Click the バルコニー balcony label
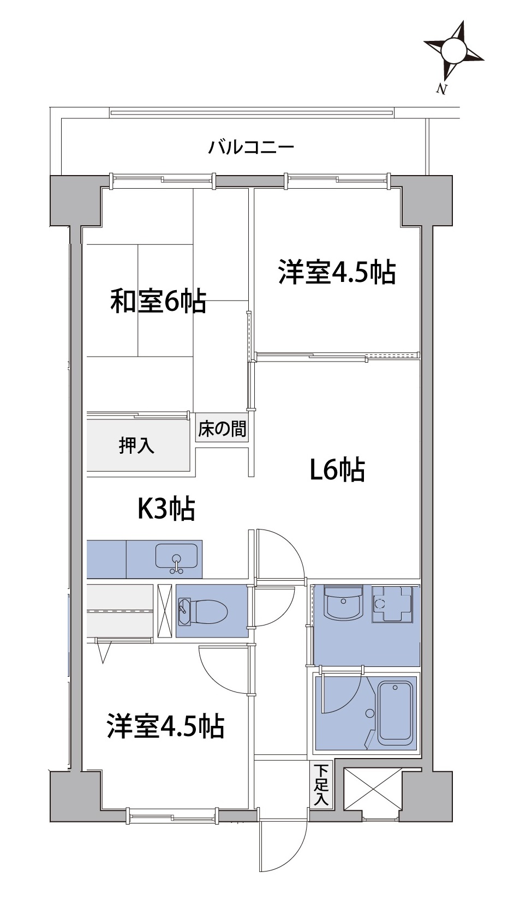pos(251,148)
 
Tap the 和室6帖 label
pos(158,301)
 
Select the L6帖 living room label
pos(337,470)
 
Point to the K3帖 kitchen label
pos(167,508)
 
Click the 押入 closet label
pos(137,446)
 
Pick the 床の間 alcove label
pos(222,429)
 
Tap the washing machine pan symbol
pos(392,604)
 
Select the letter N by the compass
pos(441,89)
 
